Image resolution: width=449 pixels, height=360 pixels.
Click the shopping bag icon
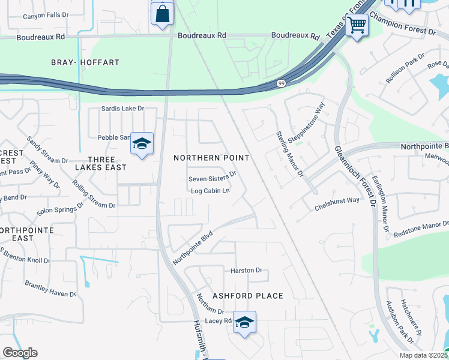pyautogui.click(x=163, y=14)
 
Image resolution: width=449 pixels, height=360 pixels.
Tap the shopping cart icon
pyautogui.click(x=357, y=26)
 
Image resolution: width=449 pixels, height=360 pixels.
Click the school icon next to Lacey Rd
pyautogui.click(x=244, y=323)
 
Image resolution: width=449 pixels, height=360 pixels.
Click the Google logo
pyautogui.click(x=20, y=353)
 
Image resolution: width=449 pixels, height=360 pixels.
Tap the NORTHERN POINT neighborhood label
pyautogui.click(x=211, y=157)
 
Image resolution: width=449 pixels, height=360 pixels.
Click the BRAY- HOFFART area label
pyautogui.click(x=94, y=62)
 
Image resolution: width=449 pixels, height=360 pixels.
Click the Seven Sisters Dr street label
pyautogui.click(x=212, y=179)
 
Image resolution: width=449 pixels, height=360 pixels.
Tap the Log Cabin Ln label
pyautogui.click(x=210, y=191)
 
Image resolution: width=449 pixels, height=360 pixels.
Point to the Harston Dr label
pyautogui.click(x=247, y=271)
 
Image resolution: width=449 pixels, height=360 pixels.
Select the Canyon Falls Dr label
pyautogui.click(x=46, y=16)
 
